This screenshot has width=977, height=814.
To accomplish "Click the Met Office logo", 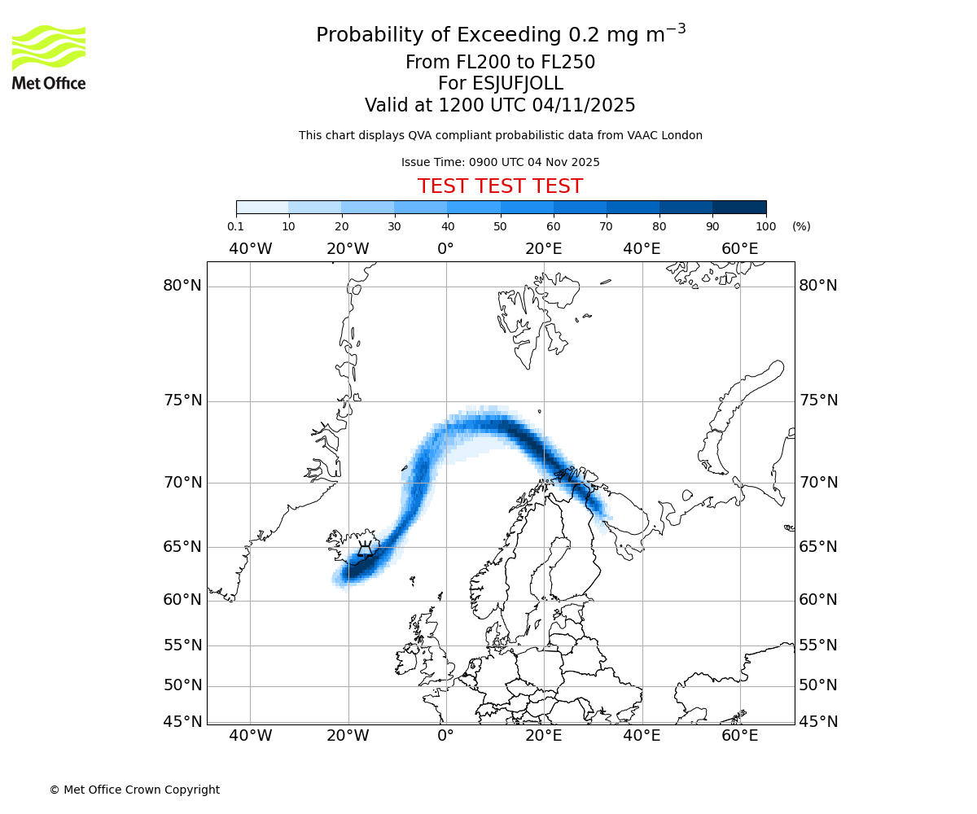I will coord(49,57).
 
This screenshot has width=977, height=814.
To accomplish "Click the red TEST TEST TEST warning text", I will coord(500,186).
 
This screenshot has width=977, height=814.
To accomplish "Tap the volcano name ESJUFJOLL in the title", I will coord(500,84).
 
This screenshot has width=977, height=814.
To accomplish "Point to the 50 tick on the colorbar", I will coord(500,226).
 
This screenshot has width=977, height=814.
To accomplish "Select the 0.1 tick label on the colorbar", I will coord(235,226).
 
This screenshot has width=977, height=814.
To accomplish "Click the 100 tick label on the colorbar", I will coord(765,226).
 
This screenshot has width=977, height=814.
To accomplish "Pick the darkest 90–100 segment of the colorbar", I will coord(739,207).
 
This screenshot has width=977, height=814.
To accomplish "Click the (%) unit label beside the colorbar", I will coord(801,226).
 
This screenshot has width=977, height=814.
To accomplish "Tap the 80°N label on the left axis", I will coord(182,286).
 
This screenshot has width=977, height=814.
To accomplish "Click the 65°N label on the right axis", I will coord(817,546).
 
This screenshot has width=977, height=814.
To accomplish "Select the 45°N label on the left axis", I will coord(182,722).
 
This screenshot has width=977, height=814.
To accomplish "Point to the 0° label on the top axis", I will coord(445,248).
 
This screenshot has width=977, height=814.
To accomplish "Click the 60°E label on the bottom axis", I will coord(740,737).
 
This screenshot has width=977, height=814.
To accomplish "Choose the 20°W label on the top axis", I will coord(348,248).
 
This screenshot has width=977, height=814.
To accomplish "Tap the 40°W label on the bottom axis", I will coord(250,737).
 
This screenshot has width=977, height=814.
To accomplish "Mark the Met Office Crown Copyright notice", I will coord(134,790).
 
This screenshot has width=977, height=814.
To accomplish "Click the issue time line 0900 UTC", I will coord(500,162).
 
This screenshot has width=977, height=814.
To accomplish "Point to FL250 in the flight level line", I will coord(568,63).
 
